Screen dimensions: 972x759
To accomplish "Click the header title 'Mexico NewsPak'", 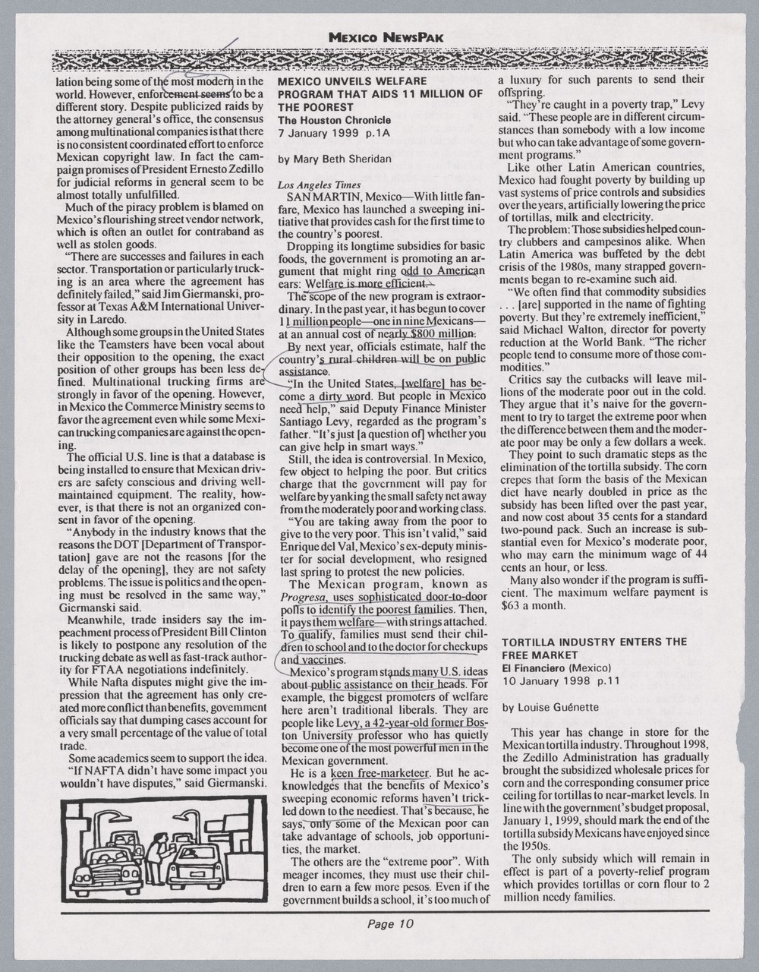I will pyautogui.click(x=386, y=36).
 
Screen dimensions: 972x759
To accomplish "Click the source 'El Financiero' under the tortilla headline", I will pyautogui.click(x=534, y=667).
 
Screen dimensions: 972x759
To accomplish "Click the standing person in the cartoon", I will pyautogui.click(x=156, y=859).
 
